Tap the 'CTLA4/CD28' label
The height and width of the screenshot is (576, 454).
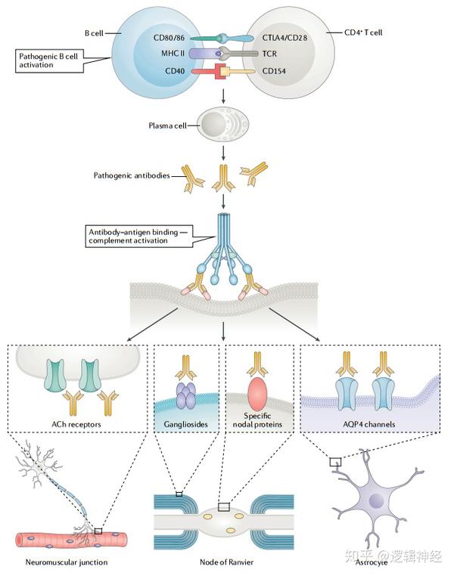288,39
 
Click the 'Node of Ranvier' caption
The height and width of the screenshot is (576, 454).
222,562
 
